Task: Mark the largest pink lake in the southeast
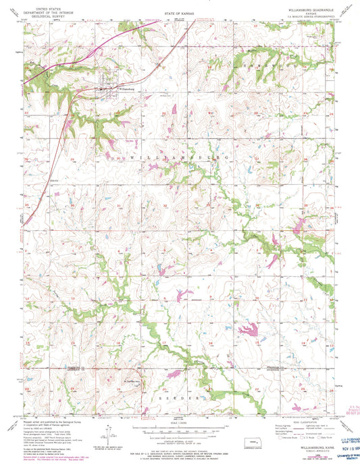point(247,330)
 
